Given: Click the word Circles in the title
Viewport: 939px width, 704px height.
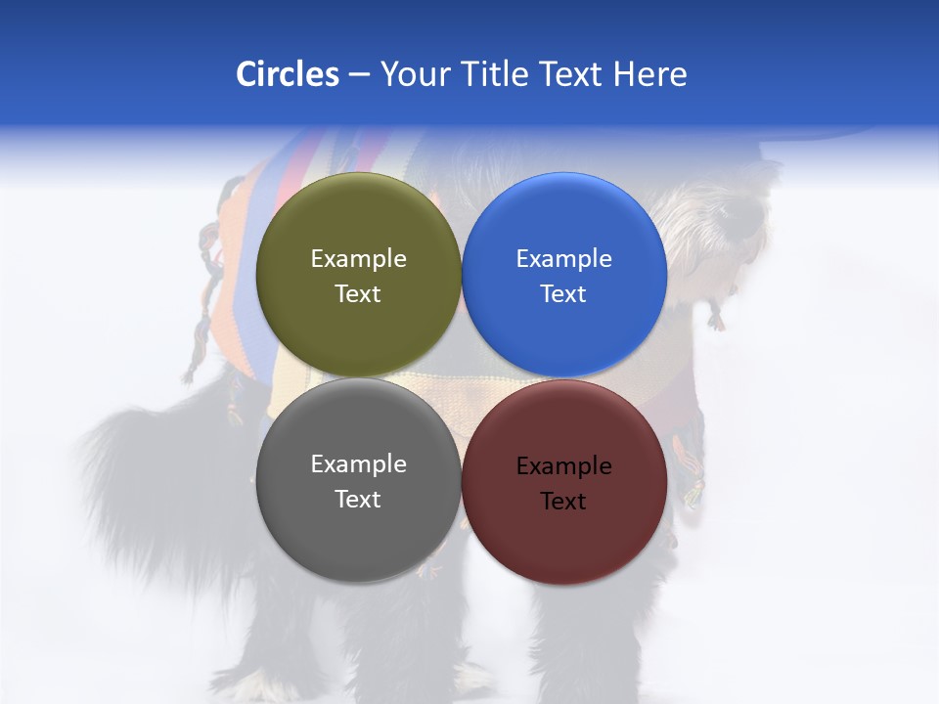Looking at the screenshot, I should point(287,74).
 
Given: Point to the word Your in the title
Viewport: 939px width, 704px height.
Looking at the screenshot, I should point(411,74).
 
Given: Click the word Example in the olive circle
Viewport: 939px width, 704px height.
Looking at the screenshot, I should point(358,259).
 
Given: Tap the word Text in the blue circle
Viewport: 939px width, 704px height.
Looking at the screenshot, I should point(563,294).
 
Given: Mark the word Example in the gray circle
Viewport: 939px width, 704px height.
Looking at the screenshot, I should point(358,464).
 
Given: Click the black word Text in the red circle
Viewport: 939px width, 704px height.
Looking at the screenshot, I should point(563,502).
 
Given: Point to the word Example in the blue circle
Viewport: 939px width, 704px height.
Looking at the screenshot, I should point(563,259).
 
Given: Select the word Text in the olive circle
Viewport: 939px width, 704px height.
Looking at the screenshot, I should point(358,294).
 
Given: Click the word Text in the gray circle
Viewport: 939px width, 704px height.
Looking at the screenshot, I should point(358,500).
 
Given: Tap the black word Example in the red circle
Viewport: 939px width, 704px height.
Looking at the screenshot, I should point(563,466).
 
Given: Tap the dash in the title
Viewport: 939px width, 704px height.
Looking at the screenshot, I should point(359,74).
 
